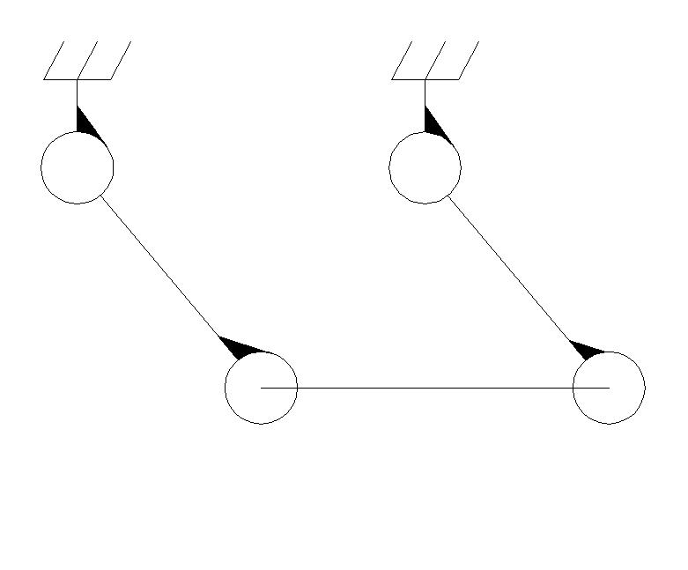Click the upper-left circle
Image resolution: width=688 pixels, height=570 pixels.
(78, 167)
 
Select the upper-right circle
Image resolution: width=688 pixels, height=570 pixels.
(425, 167)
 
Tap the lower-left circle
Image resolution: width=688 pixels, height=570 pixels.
(262, 388)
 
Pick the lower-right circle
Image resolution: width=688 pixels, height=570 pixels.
(609, 388)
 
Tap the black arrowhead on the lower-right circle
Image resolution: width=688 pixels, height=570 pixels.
(587, 349)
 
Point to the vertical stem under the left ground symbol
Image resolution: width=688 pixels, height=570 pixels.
(78, 92)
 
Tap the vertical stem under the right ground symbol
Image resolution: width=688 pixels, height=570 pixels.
(425, 92)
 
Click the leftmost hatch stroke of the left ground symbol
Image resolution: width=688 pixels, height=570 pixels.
(55, 60)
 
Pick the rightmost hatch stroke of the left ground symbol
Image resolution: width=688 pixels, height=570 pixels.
(121, 60)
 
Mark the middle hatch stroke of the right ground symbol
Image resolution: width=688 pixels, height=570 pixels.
(435, 60)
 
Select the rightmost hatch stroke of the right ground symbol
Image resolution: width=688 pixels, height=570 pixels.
(469, 60)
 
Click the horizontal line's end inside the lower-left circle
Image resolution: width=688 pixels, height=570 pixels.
(263, 388)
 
